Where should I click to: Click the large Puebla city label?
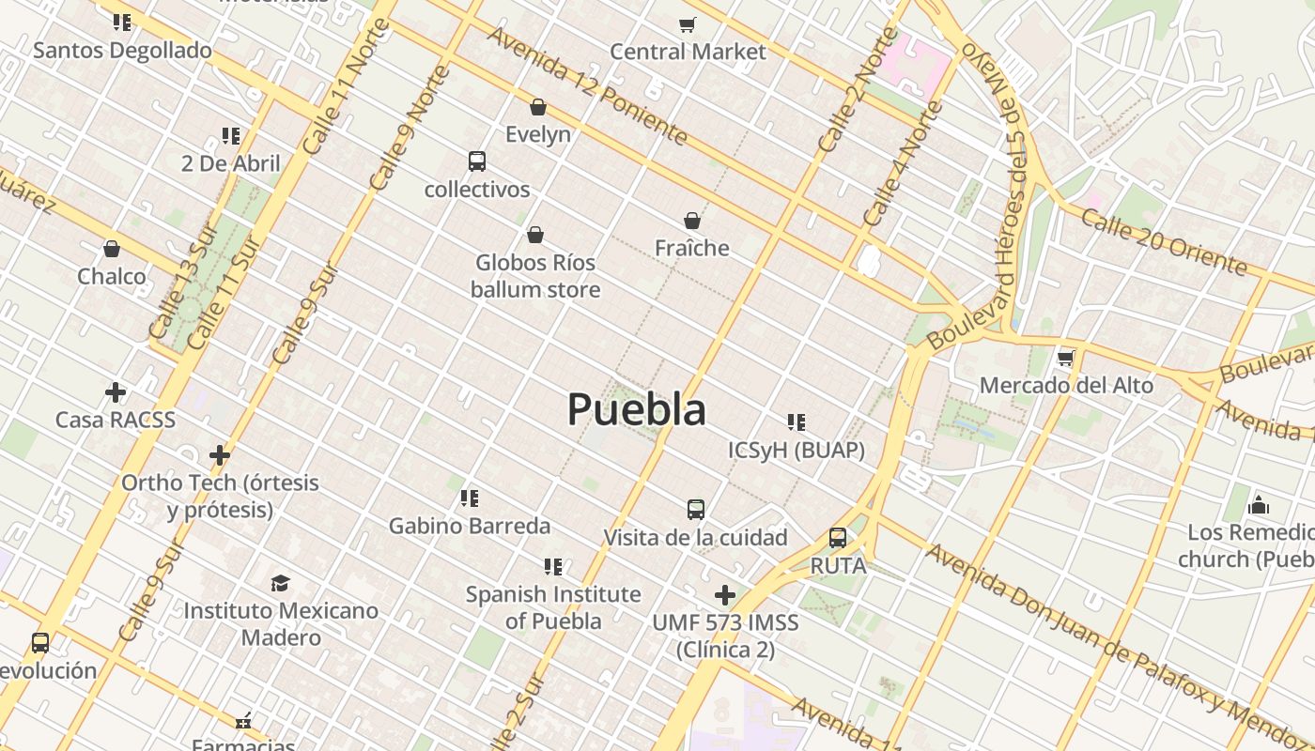(x=637, y=409)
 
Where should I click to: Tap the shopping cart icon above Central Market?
(x=688, y=24)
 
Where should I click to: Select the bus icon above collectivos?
(x=477, y=161)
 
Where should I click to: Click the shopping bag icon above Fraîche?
(x=692, y=221)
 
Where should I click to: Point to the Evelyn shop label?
(x=538, y=134)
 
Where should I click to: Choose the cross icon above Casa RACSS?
(x=116, y=391)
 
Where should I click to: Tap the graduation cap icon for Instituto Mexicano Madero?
(x=280, y=584)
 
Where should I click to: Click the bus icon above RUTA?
(x=838, y=538)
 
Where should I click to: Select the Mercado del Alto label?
(x=1066, y=385)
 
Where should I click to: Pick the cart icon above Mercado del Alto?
(x=1065, y=358)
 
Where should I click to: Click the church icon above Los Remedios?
(x=1259, y=506)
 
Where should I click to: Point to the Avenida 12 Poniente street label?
(x=587, y=85)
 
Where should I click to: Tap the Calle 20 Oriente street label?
(x=1163, y=242)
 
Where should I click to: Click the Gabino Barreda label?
(x=470, y=526)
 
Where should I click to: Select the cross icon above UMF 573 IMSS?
(x=724, y=595)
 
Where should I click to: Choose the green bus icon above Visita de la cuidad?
(x=695, y=510)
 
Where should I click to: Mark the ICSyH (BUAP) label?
(x=797, y=451)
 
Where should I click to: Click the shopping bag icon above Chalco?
(x=112, y=249)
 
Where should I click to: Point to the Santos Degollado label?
(x=122, y=50)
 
